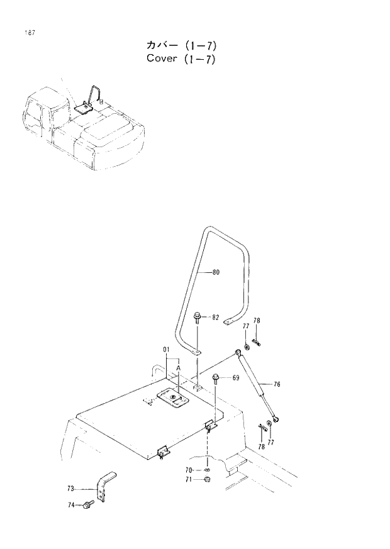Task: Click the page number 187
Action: click(x=29, y=31)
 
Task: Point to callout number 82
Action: click(x=215, y=318)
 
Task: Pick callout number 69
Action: click(x=235, y=379)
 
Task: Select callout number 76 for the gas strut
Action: click(x=276, y=384)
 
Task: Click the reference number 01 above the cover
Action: click(x=167, y=349)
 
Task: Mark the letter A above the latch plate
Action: click(x=179, y=368)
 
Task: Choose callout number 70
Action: click(x=189, y=470)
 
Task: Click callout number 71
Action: click(x=189, y=480)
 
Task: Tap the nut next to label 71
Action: click(x=207, y=480)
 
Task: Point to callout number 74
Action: click(x=71, y=505)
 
